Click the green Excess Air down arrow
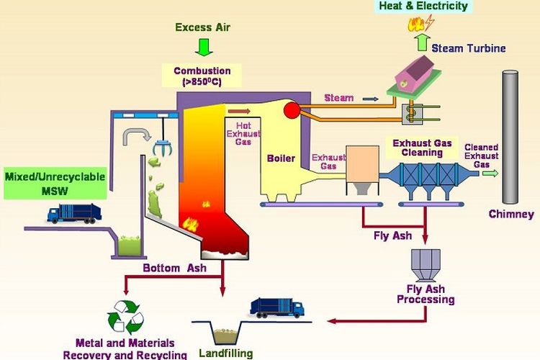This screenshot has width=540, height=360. coord(204,48)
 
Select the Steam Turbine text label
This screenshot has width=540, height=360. coord(469,48)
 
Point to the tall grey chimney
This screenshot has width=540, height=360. coord(510,136)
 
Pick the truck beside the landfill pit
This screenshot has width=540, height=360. coord(277,307)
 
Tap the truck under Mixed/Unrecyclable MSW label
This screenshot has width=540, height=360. coord(74,213)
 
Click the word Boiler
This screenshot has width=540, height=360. coord(281,158)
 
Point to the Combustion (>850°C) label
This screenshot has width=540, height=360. coord(202,76)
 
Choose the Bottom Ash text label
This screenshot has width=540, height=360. coord(174,268)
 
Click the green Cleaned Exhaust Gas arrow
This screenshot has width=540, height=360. coord(490,173)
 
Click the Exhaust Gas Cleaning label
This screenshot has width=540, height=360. coord(422,148)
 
